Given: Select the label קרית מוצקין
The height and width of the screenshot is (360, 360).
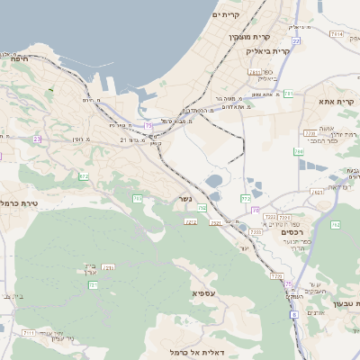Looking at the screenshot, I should [249, 37].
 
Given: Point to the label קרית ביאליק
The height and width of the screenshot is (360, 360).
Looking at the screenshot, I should [267, 51].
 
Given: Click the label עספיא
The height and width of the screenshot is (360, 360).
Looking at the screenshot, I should [203, 293].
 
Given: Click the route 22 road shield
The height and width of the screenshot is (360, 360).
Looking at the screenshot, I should [296, 41].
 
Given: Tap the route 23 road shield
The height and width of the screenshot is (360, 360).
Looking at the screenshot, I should [37, 139].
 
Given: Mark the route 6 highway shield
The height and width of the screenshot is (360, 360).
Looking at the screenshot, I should [293, 315].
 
